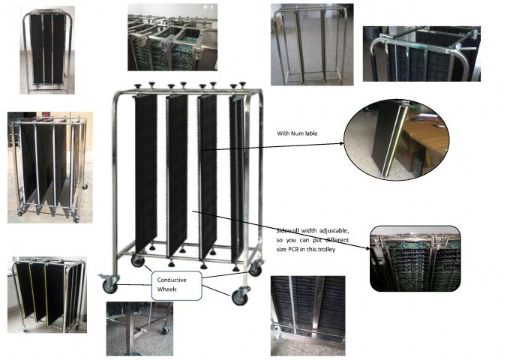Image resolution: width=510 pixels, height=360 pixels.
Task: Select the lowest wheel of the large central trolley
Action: pyautogui.click(x=241, y=297)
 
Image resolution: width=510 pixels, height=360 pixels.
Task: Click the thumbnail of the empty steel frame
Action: pyautogui.click(x=308, y=44)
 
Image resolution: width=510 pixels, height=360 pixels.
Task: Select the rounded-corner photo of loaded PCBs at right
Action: pyautogui.click(x=415, y=259)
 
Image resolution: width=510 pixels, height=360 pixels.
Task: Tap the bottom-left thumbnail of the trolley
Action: pyautogui.click(x=46, y=294)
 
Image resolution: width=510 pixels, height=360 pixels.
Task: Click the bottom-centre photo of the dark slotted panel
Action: pyautogui.click(x=307, y=315)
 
